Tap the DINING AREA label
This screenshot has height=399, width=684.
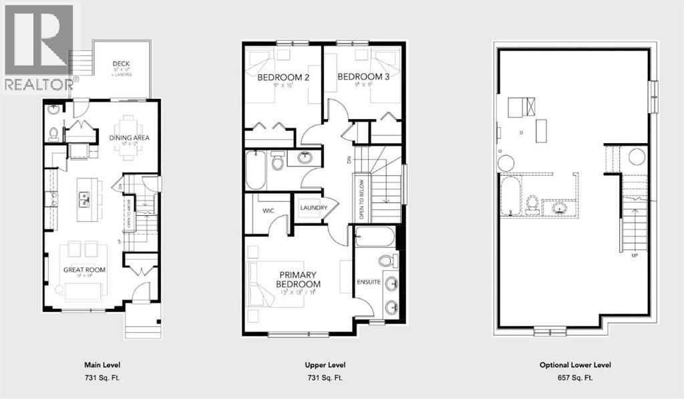[130, 138]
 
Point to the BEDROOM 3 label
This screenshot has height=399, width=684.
[363, 78]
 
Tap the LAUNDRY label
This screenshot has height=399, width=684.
[314, 208]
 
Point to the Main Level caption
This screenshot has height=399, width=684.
[102, 365]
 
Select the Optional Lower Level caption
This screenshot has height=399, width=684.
[575, 365]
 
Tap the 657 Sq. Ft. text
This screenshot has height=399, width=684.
[575, 378]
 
